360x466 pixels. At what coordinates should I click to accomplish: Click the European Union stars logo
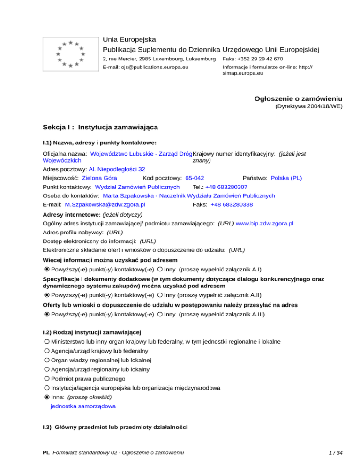[70, 53]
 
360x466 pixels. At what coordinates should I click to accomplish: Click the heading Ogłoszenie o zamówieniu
[298, 99]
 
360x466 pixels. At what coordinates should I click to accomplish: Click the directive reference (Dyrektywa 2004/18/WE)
[308, 107]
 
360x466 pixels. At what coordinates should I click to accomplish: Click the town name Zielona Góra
[99, 178]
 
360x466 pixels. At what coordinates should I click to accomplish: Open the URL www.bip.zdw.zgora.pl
[264, 224]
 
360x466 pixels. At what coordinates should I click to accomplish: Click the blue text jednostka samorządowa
[83, 406]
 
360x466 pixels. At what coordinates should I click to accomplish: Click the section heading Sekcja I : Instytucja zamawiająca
[100, 127]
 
